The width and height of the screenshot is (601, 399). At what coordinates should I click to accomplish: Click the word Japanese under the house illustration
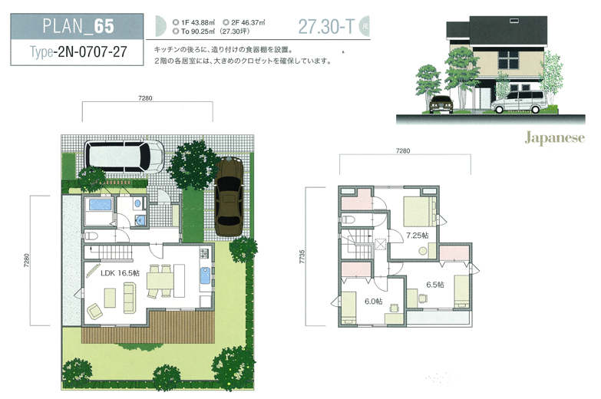[x=554, y=139]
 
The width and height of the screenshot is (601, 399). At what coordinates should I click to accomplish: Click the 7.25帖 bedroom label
[x=418, y=235]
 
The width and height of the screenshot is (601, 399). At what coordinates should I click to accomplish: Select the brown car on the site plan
[x=230, y=195]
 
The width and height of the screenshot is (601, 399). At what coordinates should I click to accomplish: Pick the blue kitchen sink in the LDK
[x=203, y=276]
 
